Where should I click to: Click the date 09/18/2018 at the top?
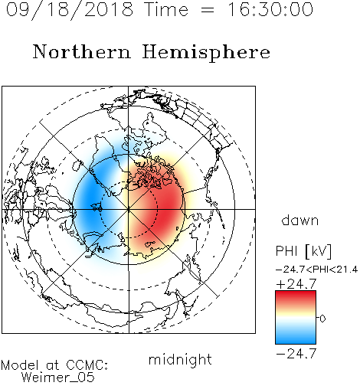[x=70, y=10]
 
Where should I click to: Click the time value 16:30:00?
[x=270, y=9]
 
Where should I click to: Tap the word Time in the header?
[x=166, y=9]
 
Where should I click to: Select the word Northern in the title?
[x=82, y=51]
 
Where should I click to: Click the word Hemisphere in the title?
[x=206, y=52]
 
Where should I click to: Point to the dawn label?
[x=300, y=220]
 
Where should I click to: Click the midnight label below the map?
[x=180, y=359]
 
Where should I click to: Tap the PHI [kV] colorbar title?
[x=303, y=251]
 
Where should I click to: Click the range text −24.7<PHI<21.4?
[x=316, y=270]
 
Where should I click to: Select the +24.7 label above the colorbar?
[x=296, y=284]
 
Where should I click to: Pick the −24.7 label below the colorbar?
[x=296, y=354]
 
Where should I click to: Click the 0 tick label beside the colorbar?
[x=322, y=319]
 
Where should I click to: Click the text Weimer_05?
[x=58, y=378]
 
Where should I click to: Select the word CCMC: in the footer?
[x=87, y=365]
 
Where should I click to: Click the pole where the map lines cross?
[x=129, y=209]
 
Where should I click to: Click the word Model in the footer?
[x=20, y=365]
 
